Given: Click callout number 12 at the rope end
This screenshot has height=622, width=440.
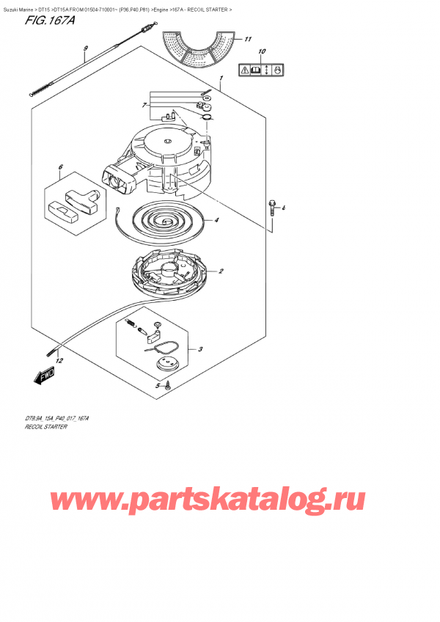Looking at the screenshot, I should tap(59, 361).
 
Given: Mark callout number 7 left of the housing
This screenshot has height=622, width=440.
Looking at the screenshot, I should tap(145, 106).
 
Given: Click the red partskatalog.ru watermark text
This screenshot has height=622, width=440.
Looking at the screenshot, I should tap(207, 502).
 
